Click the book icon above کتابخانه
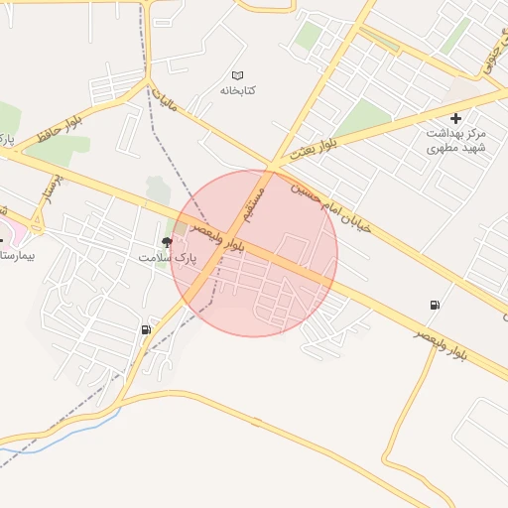(x=237, y=75)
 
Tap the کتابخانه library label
(x=238, y=90)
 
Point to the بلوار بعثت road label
(x=316, y=150)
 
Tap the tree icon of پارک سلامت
(x=166, y=242)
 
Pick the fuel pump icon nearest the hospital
(x=147, y=329)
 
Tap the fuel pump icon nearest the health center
(x=434, y=305)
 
